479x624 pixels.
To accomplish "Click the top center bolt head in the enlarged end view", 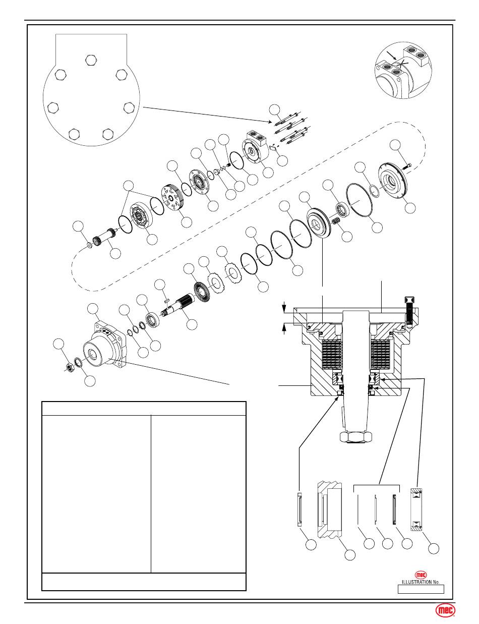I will [91, 60].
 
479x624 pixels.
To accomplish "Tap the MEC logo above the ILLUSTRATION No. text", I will [421, 575].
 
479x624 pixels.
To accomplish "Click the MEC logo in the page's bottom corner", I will [444, 610].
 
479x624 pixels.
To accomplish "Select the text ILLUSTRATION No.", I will [421, 582].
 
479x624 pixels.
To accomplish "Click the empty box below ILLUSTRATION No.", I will [421, 589].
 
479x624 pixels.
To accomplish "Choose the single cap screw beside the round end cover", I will [406, 165].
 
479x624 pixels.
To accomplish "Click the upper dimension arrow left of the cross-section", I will [284, 305].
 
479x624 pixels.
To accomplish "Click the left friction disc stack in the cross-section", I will [332, 355].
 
